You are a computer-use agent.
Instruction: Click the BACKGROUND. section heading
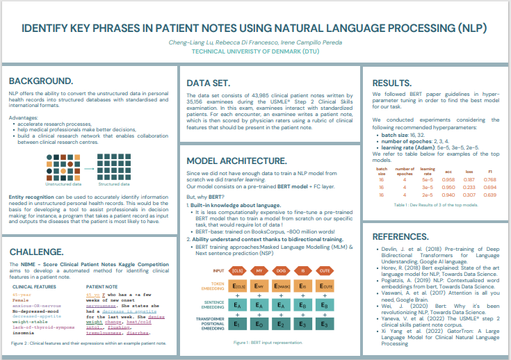41,81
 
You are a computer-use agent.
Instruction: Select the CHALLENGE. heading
38,251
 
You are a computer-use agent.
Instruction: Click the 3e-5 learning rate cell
428,187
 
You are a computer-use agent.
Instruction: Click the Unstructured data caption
63,184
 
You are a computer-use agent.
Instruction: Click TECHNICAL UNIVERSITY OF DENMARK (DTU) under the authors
254,51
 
